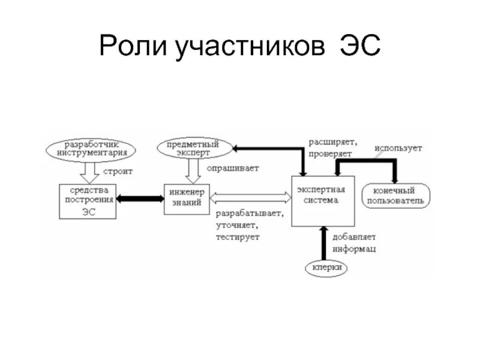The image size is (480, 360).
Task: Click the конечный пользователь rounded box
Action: (x=396, y=195)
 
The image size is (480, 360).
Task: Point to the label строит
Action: (x=117, y=171)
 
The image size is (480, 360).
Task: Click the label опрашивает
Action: (x=233, y=168)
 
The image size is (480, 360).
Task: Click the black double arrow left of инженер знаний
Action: (x=140, y=199)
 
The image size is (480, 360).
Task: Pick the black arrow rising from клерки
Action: (x=324, y=243)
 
